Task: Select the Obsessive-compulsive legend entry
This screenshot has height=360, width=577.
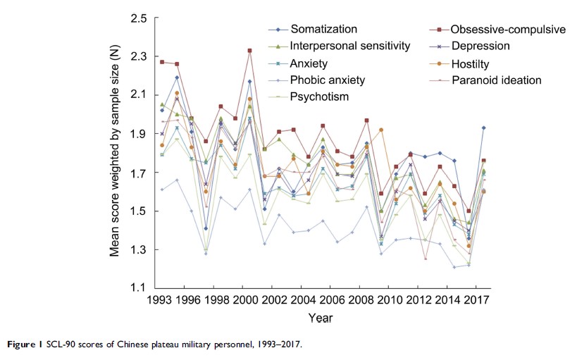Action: click(x=497, y=30)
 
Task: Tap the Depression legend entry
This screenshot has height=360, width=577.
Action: click(x=480, y=46)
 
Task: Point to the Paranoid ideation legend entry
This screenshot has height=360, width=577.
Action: click(x=496, y=80)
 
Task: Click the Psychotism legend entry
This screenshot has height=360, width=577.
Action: click(x=321, y=97)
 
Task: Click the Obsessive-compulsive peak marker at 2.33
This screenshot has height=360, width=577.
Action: click(x=249, y=51)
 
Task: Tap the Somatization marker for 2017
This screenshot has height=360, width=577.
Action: click(x=483, y=128)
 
